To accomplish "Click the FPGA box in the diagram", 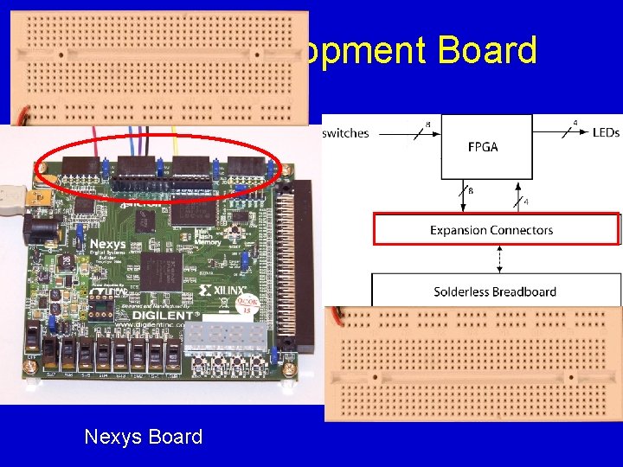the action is (483, 146).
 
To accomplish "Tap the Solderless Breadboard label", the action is (495, 291).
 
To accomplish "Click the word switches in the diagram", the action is (345, 133).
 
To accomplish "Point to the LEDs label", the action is (606, 132).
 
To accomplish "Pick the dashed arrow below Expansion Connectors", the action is (497, 259).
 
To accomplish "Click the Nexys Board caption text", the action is (143, 437).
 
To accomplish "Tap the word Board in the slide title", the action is (487, 51).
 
